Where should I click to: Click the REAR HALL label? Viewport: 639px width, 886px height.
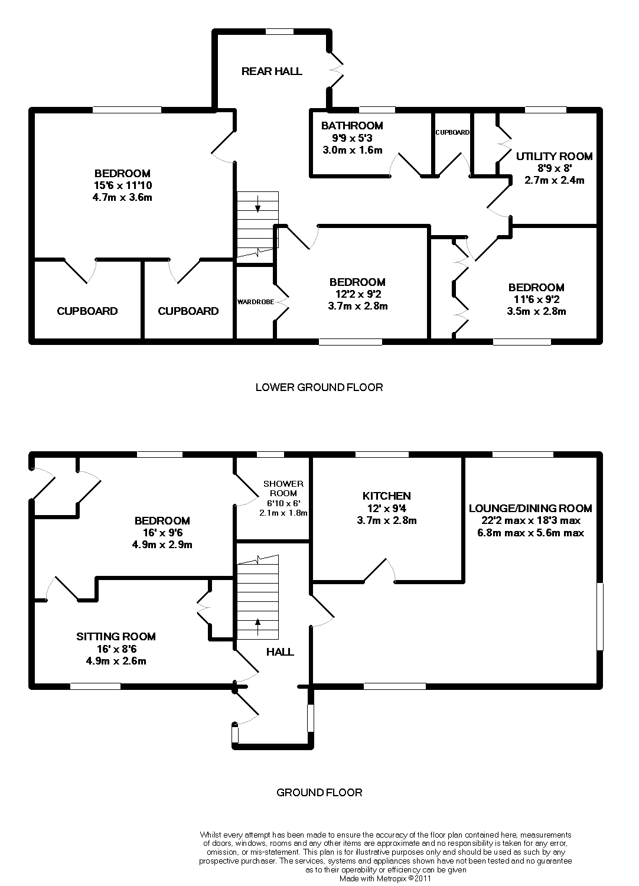coord(272,71)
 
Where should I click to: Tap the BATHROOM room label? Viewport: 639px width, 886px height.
coord(352,125)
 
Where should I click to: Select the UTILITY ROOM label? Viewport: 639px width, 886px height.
coord(554,156)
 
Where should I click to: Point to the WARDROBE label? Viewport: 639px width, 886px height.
coord(256,302)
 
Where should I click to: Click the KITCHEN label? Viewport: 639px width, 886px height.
coord(387,496)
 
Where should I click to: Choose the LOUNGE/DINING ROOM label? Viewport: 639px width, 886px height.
coord(530,508)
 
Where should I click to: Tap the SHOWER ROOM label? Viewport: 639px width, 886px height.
coord(283,488)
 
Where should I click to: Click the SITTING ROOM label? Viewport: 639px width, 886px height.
coord(116,636)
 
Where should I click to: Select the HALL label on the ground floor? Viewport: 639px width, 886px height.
coord(280,652)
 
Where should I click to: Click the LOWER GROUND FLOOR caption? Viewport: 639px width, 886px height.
coord(319,387)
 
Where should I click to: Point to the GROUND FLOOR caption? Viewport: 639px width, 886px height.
coord(319,792)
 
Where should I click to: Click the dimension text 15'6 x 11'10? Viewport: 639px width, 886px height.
coord(122,185)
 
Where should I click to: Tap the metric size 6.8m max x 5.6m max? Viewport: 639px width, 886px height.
coord(530,533)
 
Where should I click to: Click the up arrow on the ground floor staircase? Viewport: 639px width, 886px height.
coord(257,623)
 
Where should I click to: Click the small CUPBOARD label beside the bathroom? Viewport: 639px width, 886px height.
coord(452,132)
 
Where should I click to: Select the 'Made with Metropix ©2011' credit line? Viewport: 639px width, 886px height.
coord(386,878)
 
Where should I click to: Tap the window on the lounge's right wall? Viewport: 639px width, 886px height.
coord(600,617)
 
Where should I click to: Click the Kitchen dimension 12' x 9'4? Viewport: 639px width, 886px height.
coord(387,509)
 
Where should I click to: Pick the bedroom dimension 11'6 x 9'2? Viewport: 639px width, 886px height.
coord(536,299)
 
